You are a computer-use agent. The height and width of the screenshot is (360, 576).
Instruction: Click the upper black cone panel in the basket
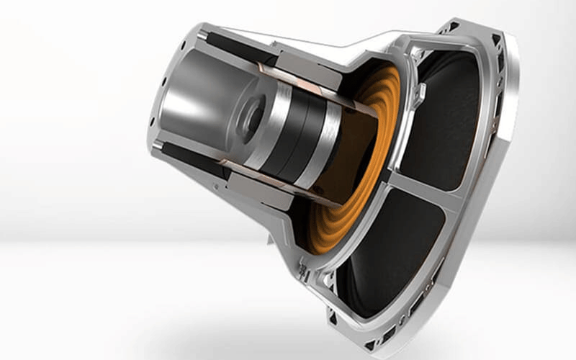click(x=446, y=108)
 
